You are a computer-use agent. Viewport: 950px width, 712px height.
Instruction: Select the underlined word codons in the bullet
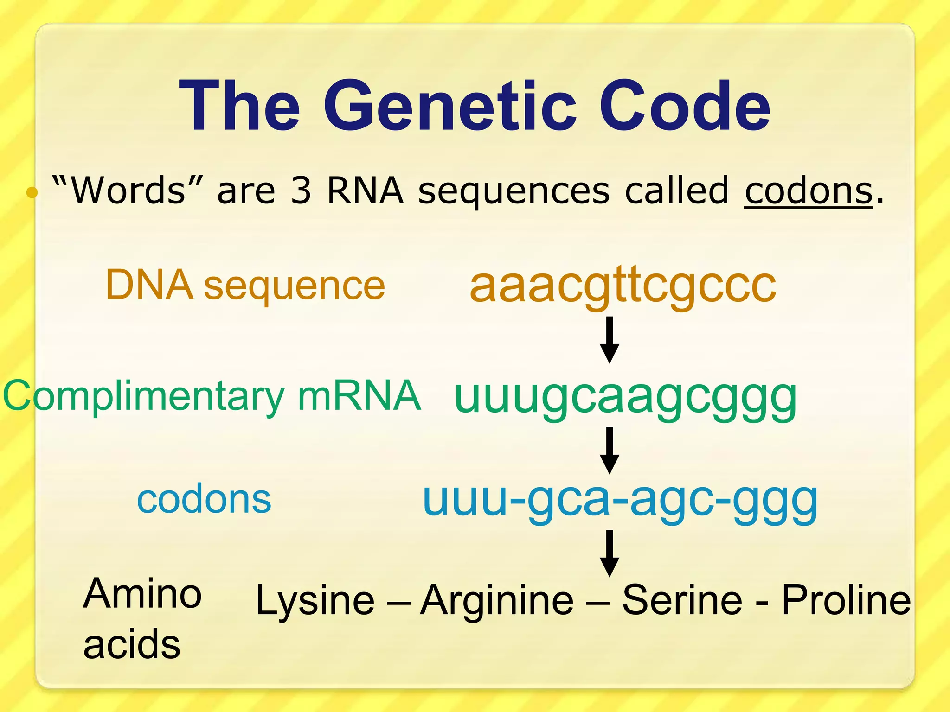pyautogui.click(x=809, y=191)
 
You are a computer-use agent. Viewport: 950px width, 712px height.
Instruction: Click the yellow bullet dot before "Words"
pyautogui.click(x=32, y=192)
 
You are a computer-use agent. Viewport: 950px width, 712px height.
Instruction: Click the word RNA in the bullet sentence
pyautogui.click(x=365, y=191)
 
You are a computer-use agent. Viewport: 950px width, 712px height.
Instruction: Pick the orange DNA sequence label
pyautogui.click(x=245, y=285)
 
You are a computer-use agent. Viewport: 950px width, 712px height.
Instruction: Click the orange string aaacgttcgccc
pyautogui.click(x=623, y=286)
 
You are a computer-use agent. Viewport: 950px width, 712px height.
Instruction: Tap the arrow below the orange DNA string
pyautogui.click(x=610, y=340)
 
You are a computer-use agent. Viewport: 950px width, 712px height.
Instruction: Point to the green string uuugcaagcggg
pyautogui.click(x=625, y=398)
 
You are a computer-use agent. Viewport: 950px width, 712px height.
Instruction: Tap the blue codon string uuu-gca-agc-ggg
pyautogui.click(x=620, y=501)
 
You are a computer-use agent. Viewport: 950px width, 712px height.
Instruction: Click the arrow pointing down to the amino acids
pyautogui.click(x=610, y=553)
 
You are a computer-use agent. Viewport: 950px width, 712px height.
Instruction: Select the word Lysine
pyautogui.click(x=315, y=601)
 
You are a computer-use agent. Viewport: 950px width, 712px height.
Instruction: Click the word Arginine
pyautogui.click(x=497, y=601)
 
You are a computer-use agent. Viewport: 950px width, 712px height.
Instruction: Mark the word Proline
pyautogui.click(x=846, y=600)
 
